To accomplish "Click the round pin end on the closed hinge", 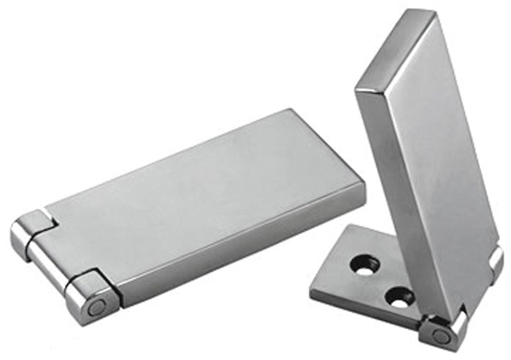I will tap(96, 308).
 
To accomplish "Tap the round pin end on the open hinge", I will tap(441, 336).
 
